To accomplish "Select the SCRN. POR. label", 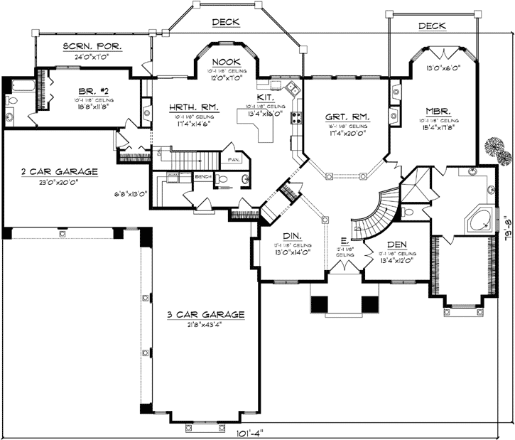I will [92, 46].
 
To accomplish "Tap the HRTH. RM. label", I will [194, 107].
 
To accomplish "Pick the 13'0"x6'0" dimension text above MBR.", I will [443, 68].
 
